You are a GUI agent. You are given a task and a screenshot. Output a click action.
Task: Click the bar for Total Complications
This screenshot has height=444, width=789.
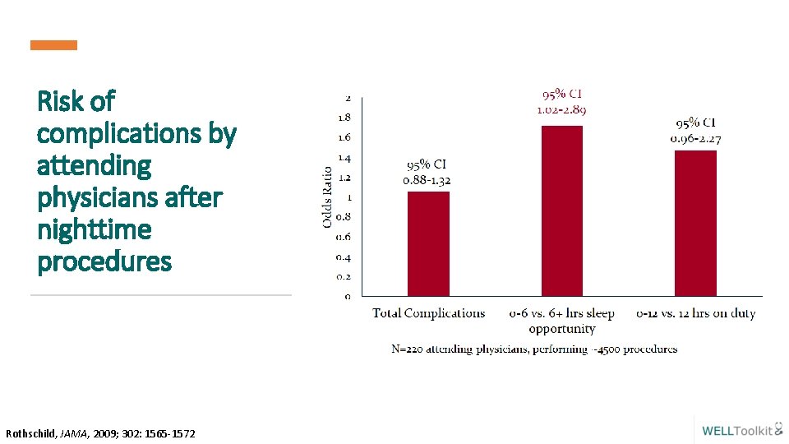coord(428,243)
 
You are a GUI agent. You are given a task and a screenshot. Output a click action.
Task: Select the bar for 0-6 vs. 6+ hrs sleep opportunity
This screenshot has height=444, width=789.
coord(562,210)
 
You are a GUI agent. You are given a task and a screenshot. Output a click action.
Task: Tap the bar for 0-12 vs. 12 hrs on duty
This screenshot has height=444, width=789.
coord(695,223)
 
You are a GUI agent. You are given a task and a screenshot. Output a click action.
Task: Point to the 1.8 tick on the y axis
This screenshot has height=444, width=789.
coord(345,118)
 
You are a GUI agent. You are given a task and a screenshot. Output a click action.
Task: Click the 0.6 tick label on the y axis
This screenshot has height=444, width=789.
coord(344,237)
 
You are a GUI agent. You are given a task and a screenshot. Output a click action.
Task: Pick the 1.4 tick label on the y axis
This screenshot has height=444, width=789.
coord(345,157)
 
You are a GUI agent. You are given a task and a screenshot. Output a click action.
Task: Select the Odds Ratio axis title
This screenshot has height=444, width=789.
coord(327,197)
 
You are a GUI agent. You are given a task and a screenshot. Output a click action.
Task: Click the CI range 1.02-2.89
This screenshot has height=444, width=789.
coord(561,109)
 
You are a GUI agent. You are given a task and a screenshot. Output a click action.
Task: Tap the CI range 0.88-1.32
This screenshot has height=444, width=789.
coord(427,180)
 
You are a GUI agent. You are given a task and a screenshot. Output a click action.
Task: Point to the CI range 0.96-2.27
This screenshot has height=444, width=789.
coord(695,138)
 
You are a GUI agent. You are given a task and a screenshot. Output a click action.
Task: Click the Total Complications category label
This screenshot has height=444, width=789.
coord(429,313)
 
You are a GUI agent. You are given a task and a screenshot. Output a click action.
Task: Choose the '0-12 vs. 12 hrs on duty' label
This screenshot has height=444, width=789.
coord(696,313)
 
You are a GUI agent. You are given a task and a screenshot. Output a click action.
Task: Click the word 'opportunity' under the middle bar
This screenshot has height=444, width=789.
coord(562,329)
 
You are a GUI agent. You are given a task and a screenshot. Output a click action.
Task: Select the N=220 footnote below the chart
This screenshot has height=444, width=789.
coord(534,349)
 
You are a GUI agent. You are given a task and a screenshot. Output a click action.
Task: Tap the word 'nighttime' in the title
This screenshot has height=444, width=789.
coord(95,229)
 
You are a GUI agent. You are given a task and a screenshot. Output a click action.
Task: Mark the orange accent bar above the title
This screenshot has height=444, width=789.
coord(54,45)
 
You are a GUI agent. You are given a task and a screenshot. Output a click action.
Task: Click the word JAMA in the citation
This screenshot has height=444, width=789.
coord(75,433)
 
